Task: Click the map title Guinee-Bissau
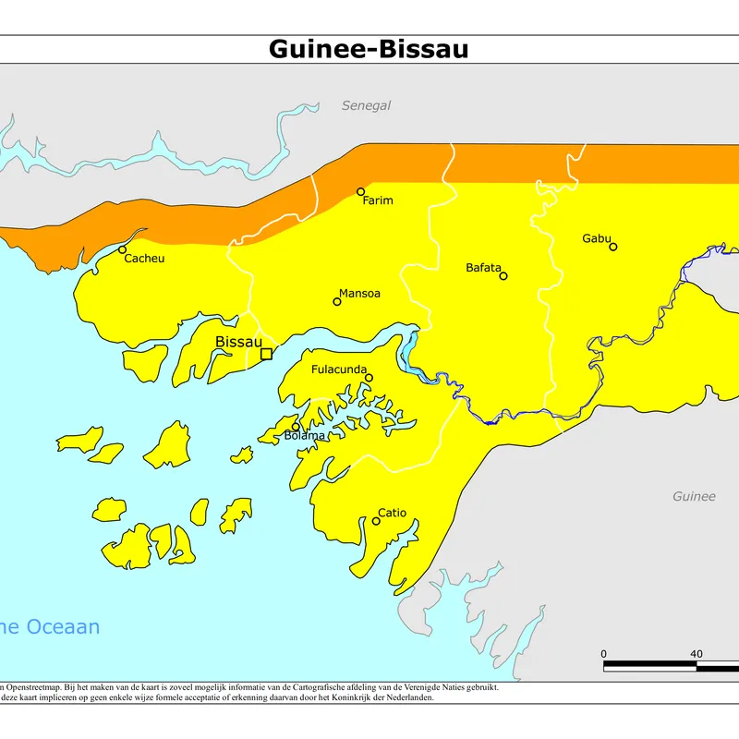click(x=369, y=49)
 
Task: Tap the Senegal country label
click(x=366, y=105)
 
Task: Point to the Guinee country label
click(x=693, y=496)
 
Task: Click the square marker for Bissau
click(x=266, y=354)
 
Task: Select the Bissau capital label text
click(x=238, y=342)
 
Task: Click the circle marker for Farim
click(x=361, y=192)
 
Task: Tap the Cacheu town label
click(x=144, y=259)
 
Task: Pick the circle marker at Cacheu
click(x=122, y=249)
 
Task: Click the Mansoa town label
click(x=359, y=294)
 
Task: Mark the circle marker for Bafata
click(x=503, y=275)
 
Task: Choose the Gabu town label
click(x=596, y=238)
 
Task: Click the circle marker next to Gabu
click(x=612, y=247)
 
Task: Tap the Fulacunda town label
click(x=338, y=369)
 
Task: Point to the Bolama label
click(x=305, y=435)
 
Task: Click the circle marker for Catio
click(x=376, y=521)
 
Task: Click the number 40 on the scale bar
click(x=696, y=654)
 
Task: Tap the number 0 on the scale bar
click(x=604, y=654)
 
